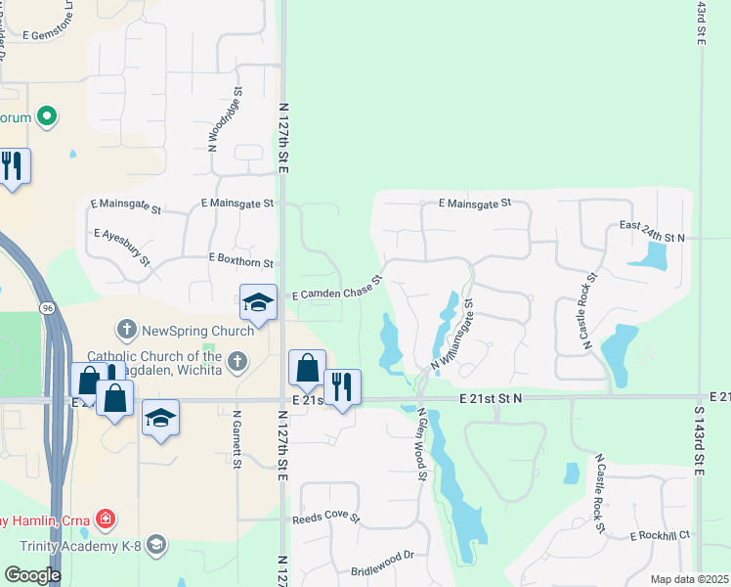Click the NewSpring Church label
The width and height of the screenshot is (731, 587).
(x=198, y=330)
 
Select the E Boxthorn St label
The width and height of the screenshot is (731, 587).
(x=241, y=258)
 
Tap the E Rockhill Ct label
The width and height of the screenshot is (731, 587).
(x=660, y=535)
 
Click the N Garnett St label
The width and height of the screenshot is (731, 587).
(x=236, y=439)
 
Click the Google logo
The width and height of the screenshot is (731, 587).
(x=32, y=575)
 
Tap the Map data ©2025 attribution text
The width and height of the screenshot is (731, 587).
(x=688, y=579)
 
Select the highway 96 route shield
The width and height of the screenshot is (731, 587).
(x=46, y=307)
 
